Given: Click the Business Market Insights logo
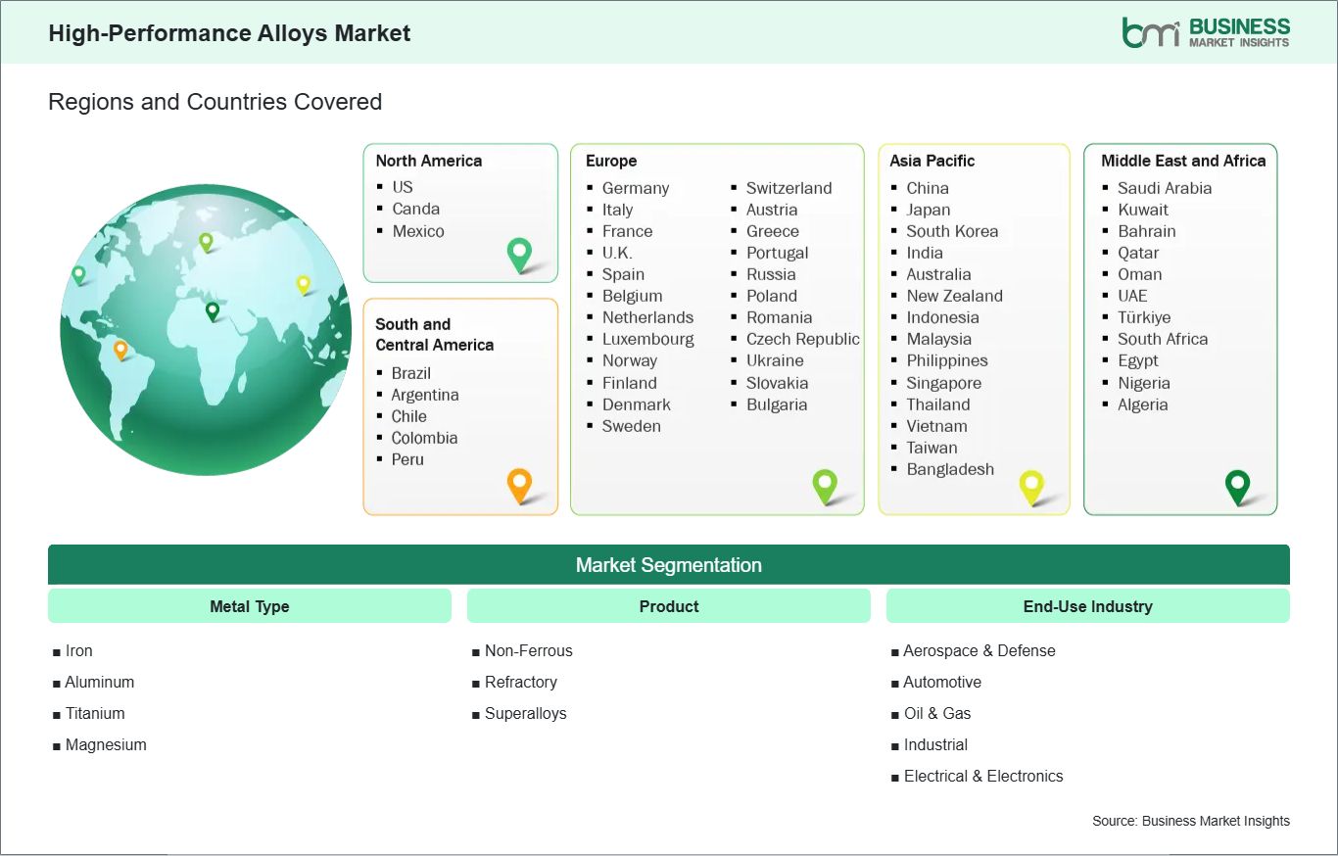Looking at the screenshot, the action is click(1206, 32).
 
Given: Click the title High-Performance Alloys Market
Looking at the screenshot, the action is click(229, 33).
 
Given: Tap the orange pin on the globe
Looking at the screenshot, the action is click(120, 350).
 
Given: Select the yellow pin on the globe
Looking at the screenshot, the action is click(304, 284).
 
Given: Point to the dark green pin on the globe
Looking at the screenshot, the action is click(212, 310).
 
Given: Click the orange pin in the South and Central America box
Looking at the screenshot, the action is click(520, 485).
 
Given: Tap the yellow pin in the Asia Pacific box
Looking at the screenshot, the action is click(1031, 487).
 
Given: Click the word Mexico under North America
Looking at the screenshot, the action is click(418, 231).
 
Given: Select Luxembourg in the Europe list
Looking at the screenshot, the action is click(648, 339).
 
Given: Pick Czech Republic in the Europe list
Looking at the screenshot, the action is click(803, 339).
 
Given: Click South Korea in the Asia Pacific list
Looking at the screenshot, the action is click(952, 231).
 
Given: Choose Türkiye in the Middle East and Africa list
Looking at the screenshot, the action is click(1144, 317).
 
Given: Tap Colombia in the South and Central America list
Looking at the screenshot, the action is click(424, 438).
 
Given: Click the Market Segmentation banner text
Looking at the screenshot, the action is click(668, 565).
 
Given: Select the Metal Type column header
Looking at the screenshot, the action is click(250, 606).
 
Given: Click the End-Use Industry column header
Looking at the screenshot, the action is click(1087, 606).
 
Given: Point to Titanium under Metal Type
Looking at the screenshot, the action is click(95, 713).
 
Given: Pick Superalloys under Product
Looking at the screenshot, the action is click(526, 713).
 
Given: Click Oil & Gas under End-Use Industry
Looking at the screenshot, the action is click(937, 713).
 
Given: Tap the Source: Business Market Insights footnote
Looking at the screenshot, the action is click(1191, 821).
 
